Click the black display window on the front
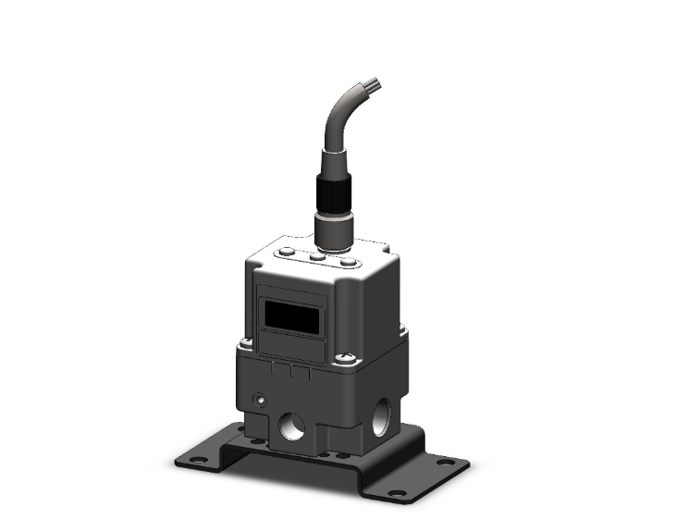click(292, 319)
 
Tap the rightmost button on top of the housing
click(348, 262)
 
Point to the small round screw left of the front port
click(258, 401)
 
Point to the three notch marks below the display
click(289, 370)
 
